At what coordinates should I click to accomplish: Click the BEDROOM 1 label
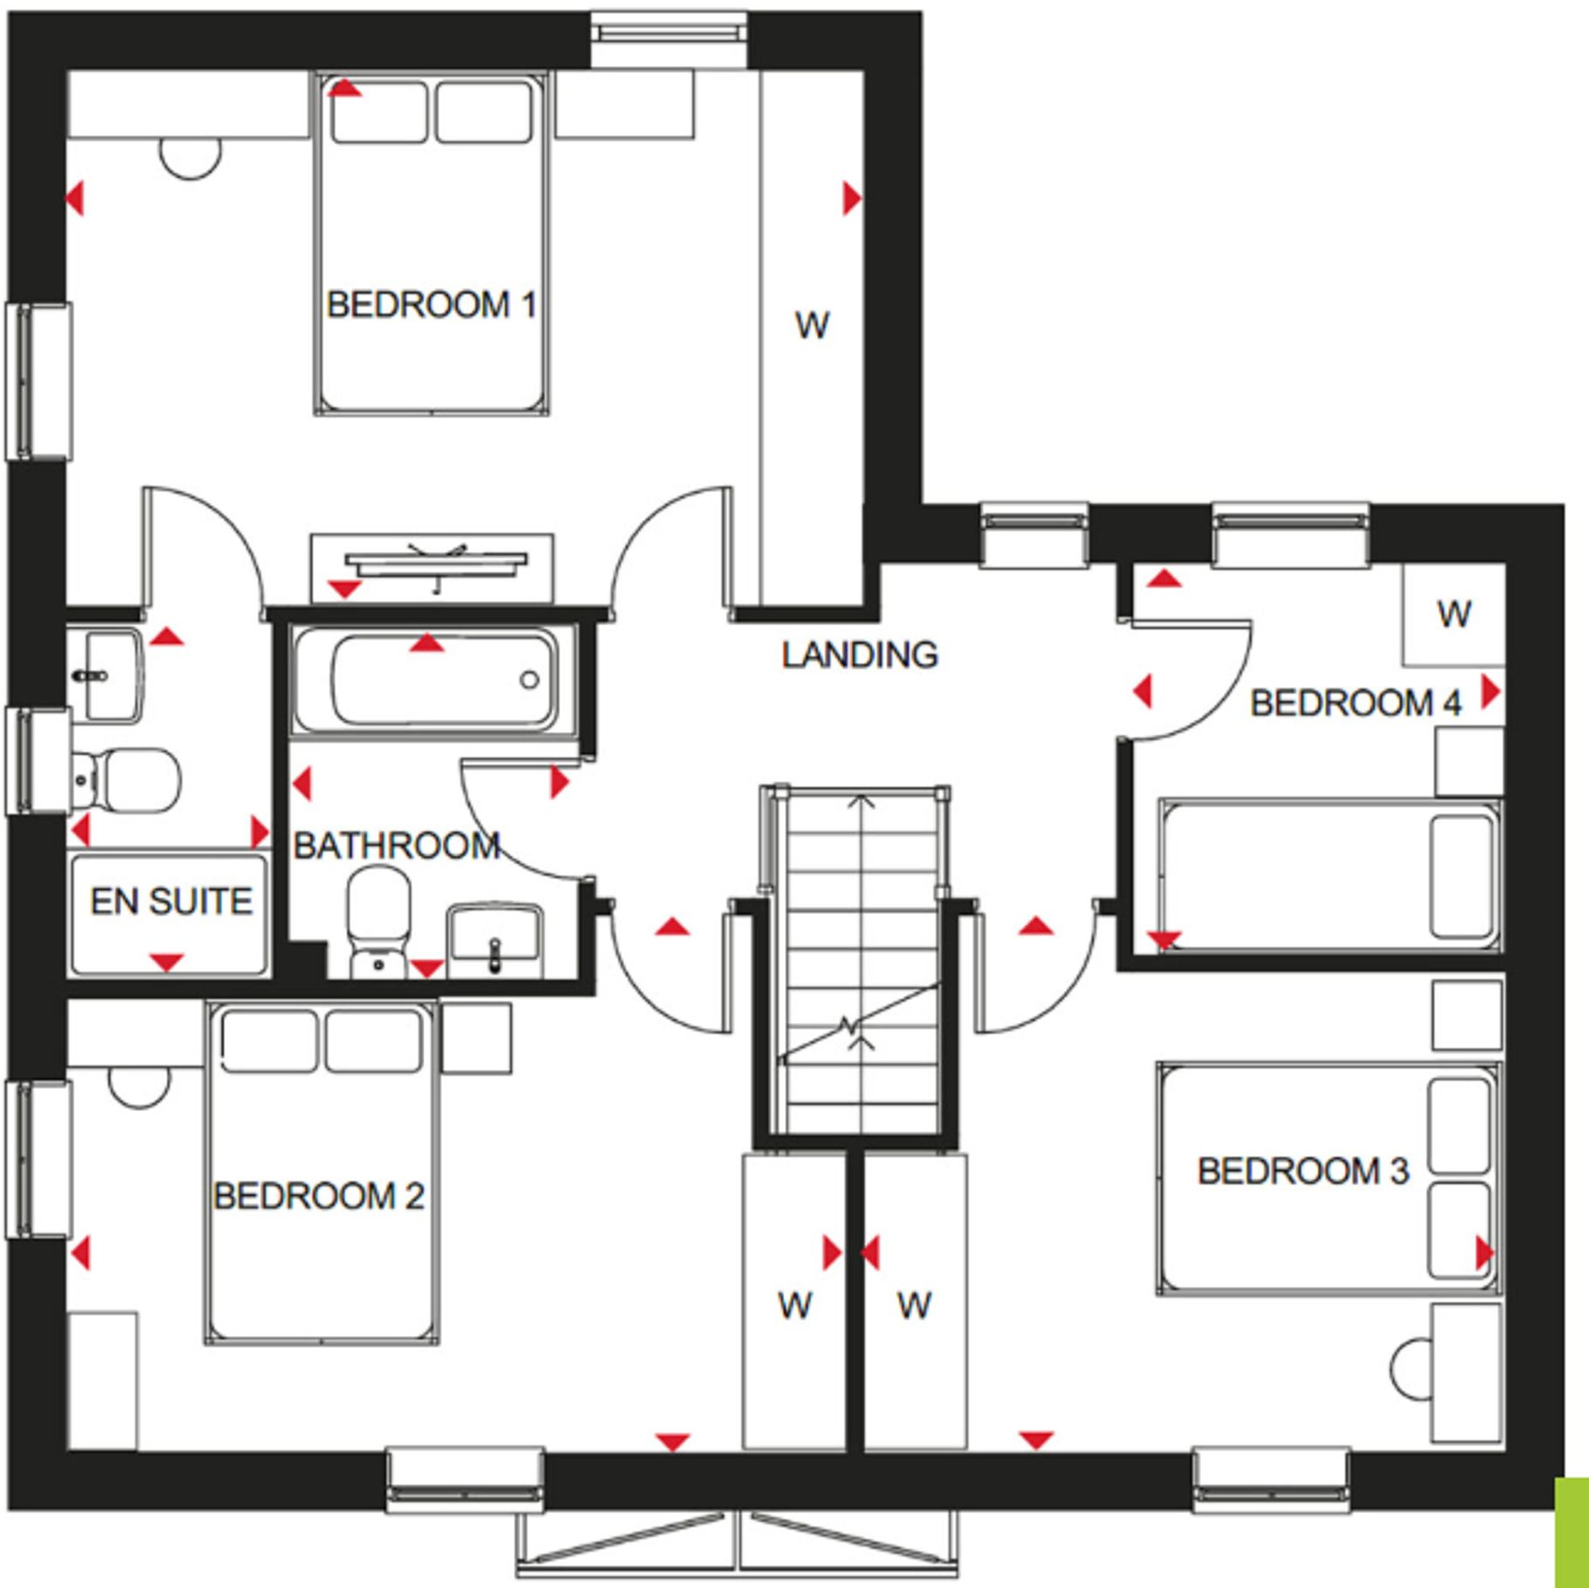pyautogui.click(x=430, y=305)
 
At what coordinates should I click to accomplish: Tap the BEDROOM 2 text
pyautogui.click(x=318, y=1196)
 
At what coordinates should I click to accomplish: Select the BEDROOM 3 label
pyautogui.click(x=1303, y=1171)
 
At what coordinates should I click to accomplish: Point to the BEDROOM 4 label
pyautogui.click(x=1355, y=703)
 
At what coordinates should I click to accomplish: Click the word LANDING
pyautogui.click(x=859, y=655)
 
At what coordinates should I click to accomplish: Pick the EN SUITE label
pyautogui.click(x=171, y=902)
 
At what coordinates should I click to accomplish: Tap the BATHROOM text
pyautogui.click(x=396, y=846)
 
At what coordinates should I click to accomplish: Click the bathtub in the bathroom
pyautogui.click(x=435, y=679)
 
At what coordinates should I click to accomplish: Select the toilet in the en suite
pyautogui.click(x=127, y=778)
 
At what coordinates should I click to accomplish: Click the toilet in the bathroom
pyautogui.click(x=379, y=919)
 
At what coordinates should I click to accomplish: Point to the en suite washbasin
pyautogui.click(x=109, y=675)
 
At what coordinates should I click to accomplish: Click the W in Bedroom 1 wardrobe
pyautogui.click(x=812, y=326)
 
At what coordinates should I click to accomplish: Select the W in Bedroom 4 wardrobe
pyautogui.click(x=1453, y=614)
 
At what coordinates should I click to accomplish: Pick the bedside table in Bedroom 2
pyautogui.click(x=476, y=1038)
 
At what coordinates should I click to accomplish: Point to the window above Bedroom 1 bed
pyautogui.click(x=669, y=35)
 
